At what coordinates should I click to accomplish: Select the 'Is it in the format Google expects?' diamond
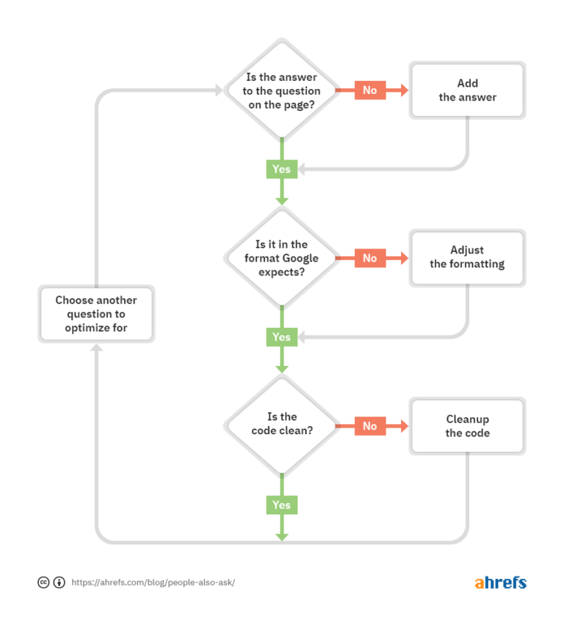[281, 258]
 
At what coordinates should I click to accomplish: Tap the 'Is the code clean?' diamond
[281, 425]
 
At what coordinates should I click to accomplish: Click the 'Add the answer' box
[468, 90]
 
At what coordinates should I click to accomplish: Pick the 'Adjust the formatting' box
[468, 257]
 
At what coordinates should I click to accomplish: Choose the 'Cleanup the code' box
[468, 426]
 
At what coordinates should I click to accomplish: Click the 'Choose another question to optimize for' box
[96, 314]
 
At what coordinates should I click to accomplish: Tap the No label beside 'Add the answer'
[370, 90]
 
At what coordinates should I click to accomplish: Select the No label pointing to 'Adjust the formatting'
[370, 258]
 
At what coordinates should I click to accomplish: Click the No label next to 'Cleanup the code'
[370, 426]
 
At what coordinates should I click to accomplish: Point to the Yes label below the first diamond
[281, 169]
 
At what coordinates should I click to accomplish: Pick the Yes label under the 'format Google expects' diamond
[281, 337]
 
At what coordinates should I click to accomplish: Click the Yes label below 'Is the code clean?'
[281, 505]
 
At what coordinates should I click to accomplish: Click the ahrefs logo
[500, 583]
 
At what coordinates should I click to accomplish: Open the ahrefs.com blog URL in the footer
[153, 583]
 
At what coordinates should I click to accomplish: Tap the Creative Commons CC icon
[44, 583]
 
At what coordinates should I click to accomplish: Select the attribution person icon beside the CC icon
[59, 583]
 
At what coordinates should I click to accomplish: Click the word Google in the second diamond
[300, 258]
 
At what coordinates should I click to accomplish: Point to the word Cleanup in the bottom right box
[468, 420]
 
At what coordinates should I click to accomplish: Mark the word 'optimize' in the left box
[87, 328]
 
